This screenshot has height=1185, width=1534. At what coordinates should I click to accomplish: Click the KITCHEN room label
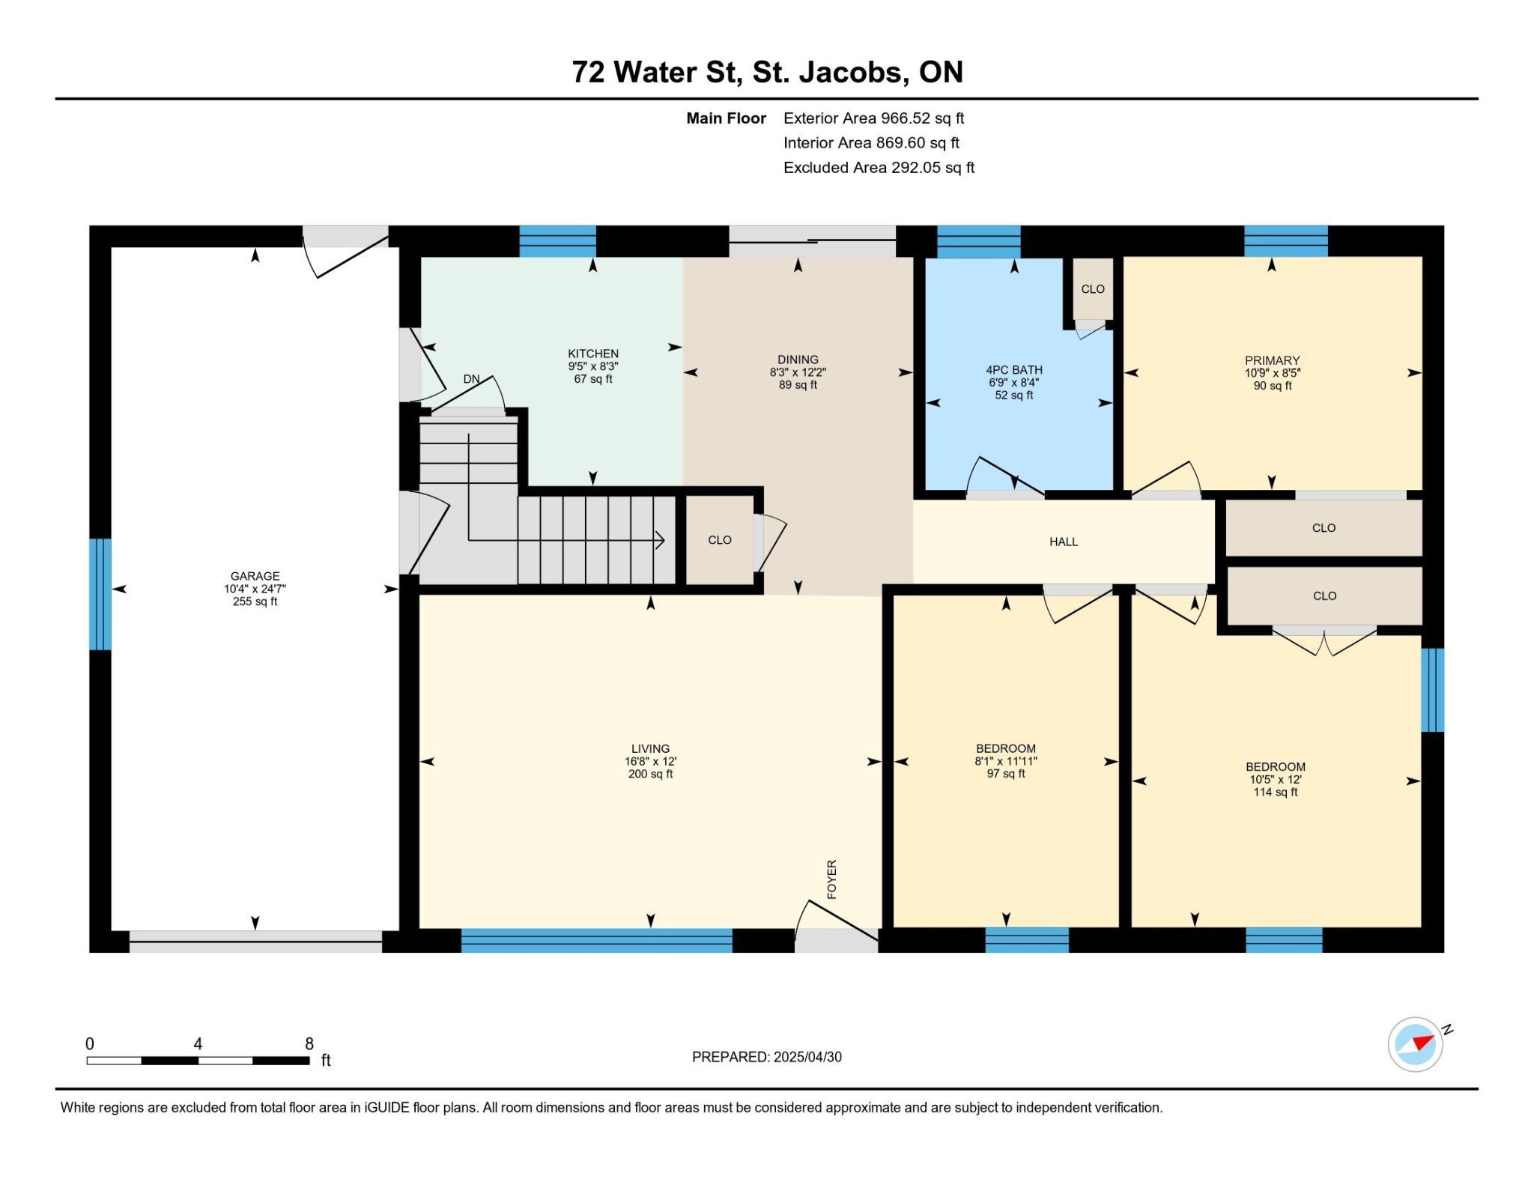point(593,354)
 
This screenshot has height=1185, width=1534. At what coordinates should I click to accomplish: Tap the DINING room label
point(798,360)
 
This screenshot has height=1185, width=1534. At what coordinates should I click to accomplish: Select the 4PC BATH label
point(1014,370)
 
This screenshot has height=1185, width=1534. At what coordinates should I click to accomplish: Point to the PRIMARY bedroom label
point(1272,360)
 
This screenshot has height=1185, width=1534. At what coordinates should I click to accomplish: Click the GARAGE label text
point(255,576)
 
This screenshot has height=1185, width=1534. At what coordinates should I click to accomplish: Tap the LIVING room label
point(650,748)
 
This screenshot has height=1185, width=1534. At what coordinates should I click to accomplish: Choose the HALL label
point(1064,542)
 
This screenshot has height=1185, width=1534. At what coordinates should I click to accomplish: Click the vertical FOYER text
point(831,879)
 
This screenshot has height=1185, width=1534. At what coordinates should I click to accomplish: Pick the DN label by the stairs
point(471,379)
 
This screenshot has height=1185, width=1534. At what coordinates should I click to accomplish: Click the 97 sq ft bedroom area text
point(1006,774)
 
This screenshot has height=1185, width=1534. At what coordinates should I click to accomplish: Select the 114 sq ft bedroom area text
point(1276,792)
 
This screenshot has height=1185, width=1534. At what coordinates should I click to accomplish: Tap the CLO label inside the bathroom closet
point(1093,289)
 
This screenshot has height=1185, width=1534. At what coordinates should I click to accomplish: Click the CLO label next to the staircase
point(720,540)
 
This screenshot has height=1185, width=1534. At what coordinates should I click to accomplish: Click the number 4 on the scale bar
point(198,1043)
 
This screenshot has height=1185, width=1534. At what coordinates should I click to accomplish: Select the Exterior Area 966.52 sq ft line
point(873,118)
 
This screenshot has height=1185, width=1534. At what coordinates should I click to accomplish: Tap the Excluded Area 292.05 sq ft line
point(879,168)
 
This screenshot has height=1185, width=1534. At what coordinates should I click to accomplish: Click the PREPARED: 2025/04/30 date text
point(767,1057)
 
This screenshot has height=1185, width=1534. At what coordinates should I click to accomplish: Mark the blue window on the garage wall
point(100,594)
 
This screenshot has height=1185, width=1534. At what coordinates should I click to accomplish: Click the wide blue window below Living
point(596,940)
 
